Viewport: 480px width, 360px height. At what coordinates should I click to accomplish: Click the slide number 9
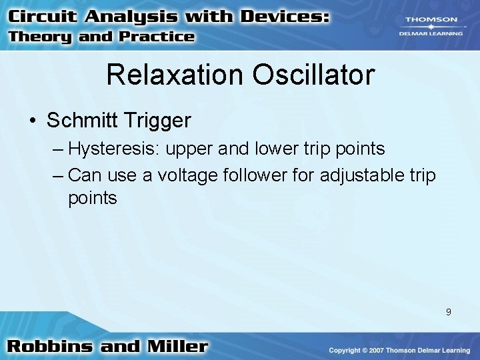(x=449, y=312)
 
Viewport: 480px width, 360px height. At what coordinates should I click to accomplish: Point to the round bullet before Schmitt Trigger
(x=33, y=121)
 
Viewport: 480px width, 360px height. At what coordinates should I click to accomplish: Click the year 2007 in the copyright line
(x=383, y=350)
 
